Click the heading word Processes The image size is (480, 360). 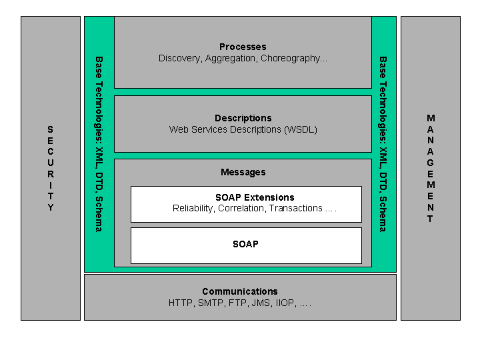coord(243,47)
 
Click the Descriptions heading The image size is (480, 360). coord(243,118)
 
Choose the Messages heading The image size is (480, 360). coord(243,172)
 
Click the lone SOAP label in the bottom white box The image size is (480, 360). coord(245,244)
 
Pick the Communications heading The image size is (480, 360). coord(240,291)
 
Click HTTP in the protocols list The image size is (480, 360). coord(180,303)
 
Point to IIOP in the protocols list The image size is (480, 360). coord(283,303)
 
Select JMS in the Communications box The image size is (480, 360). coord(257,303)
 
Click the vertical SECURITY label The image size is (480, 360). coord(51,168)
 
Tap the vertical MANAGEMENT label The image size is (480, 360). coord(431,168)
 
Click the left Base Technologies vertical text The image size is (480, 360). coord(99,143)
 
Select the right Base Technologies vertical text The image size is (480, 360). coord(383,143)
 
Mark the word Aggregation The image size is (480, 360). coord(230,59)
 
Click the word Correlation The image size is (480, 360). coord(242,209)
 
